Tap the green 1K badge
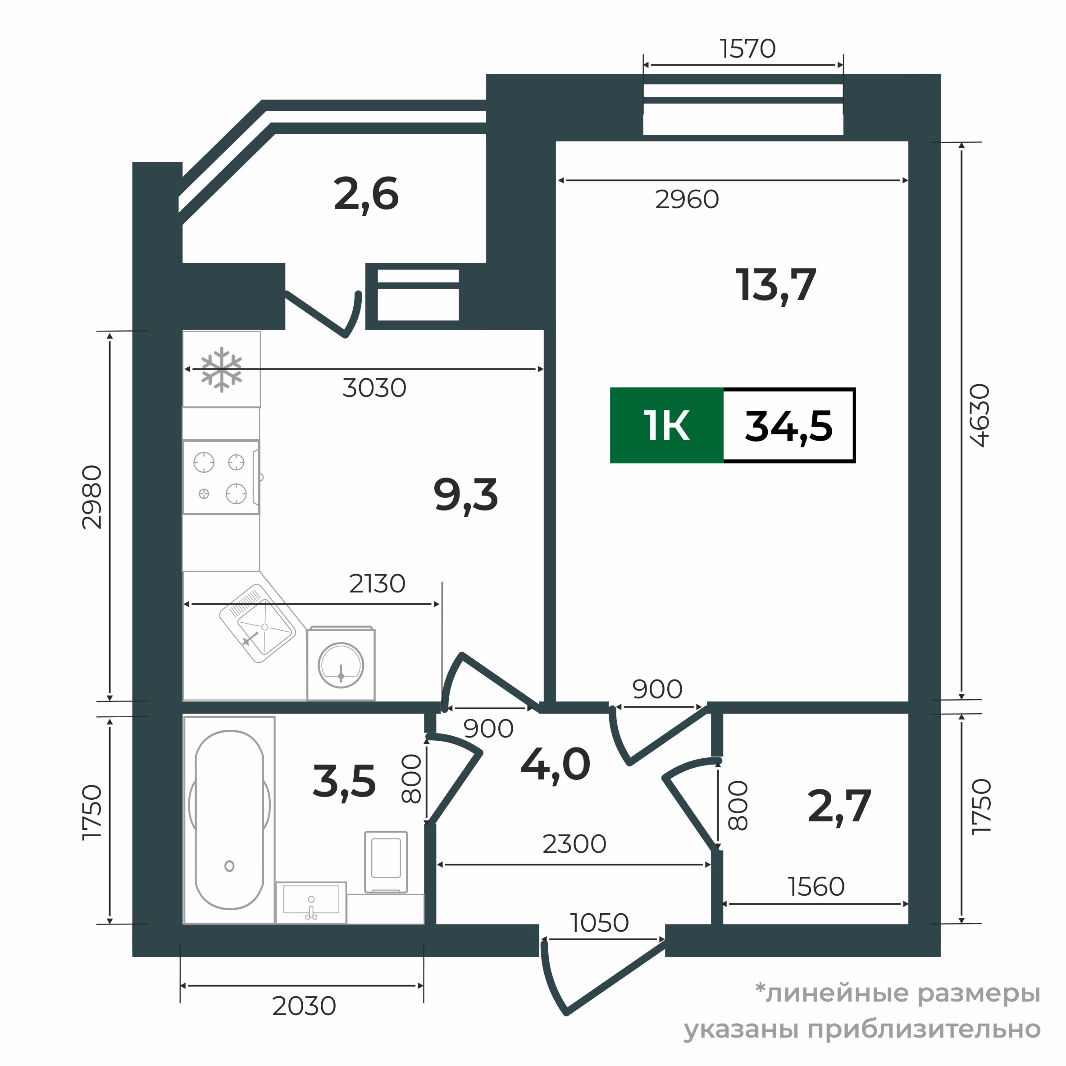(x=666, y=425)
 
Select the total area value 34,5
(x=788, y=426)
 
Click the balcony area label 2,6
(x=366, y=195)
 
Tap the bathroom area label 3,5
(x=344, y=781)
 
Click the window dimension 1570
(x=747, y=49)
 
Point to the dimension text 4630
(x=980, y=415)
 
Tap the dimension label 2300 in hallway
(x=574, y=843)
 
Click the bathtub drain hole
(x=229, y=866)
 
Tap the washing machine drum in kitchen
(x=341, y=665)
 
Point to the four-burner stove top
(x=220, y=477)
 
